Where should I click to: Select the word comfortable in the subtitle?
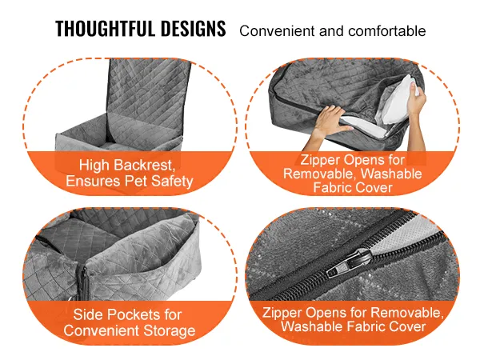[x=387, y=31]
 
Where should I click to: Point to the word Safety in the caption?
[x=172, y=181]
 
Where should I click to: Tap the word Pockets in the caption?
[x=134, y=314]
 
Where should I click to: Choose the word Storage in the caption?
[x=170, y=330]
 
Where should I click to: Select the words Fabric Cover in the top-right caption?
[x=353, y=187]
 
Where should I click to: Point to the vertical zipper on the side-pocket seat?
[x=83, y=281]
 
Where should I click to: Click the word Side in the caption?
[x=88, y=314]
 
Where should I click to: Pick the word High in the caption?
[x=94, y=166]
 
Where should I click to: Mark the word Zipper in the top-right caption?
[x=320, y=160]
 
